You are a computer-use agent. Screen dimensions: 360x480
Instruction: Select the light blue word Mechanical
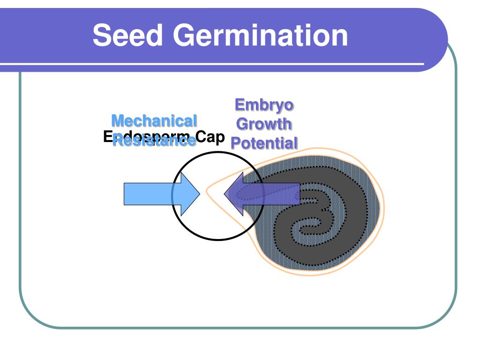(x=154, y=121)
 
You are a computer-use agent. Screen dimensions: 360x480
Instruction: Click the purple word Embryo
(x=264, y=105)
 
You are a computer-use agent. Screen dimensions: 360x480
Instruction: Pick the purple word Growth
(x=264, y=124)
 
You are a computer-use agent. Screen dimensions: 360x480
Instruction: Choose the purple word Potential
(x=264, y=142)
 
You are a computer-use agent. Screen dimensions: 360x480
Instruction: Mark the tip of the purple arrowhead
(x=225, y=194)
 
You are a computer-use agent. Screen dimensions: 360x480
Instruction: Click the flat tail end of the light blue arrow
(x=124, y=194)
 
